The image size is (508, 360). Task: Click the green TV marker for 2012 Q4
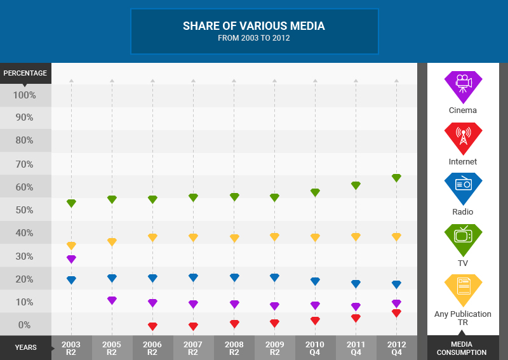[396, 178]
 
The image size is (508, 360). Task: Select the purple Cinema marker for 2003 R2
[71, 259]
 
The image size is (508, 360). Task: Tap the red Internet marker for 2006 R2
[152, 326]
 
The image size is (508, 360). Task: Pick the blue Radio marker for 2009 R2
[274, 277]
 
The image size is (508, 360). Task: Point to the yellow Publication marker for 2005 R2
[112, 242]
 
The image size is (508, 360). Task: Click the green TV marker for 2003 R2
[71, 203]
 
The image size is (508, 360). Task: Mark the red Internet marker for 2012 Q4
[396, 313]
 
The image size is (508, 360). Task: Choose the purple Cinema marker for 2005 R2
[112, 300]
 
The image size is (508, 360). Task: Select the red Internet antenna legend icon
[463, 137]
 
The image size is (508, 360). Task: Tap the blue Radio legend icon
[463, 187]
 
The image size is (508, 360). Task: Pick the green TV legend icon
[463, 237]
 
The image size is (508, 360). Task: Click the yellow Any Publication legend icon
[463, 288]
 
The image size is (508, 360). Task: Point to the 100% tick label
[25, 95]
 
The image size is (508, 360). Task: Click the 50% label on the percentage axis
[25, 210]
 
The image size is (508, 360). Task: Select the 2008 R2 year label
[234, 347]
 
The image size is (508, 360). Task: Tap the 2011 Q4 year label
[356, 347]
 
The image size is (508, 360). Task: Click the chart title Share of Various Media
[254, 26]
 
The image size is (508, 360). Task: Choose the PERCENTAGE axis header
[25, 73]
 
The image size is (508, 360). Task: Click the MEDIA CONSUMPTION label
[463, 348]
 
